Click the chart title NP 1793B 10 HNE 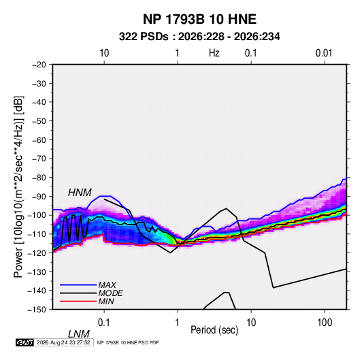(199, 19)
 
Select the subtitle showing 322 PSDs (199, 37)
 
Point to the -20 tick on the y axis (39, 65)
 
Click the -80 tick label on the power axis (39, 178)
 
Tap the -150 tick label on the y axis (37, 310)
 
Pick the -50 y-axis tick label (39, 121)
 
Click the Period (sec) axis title (214, 330)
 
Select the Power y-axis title (18, 186)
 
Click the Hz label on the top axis (214, 53)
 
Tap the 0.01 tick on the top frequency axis (324, 53)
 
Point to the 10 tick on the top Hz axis (104, 53)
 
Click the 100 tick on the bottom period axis (325, 323)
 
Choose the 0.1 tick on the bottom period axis (104, 323)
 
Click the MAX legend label (107, 284)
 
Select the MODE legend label (110, 293)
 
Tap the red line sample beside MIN (78, 301)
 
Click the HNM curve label (80, 193)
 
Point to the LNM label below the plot (78, 334)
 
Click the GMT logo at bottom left (24, 342)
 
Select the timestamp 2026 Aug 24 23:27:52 (63, 342)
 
